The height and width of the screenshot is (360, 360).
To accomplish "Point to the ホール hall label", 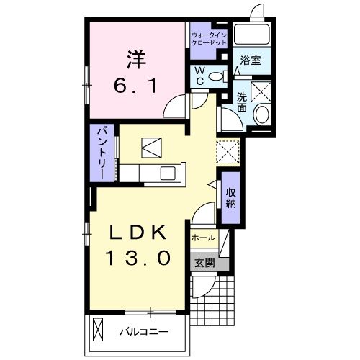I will pos(203,237).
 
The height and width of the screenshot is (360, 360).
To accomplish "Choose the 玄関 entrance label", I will pos(203,262).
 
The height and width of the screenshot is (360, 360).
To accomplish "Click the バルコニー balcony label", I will pos(144,333).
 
